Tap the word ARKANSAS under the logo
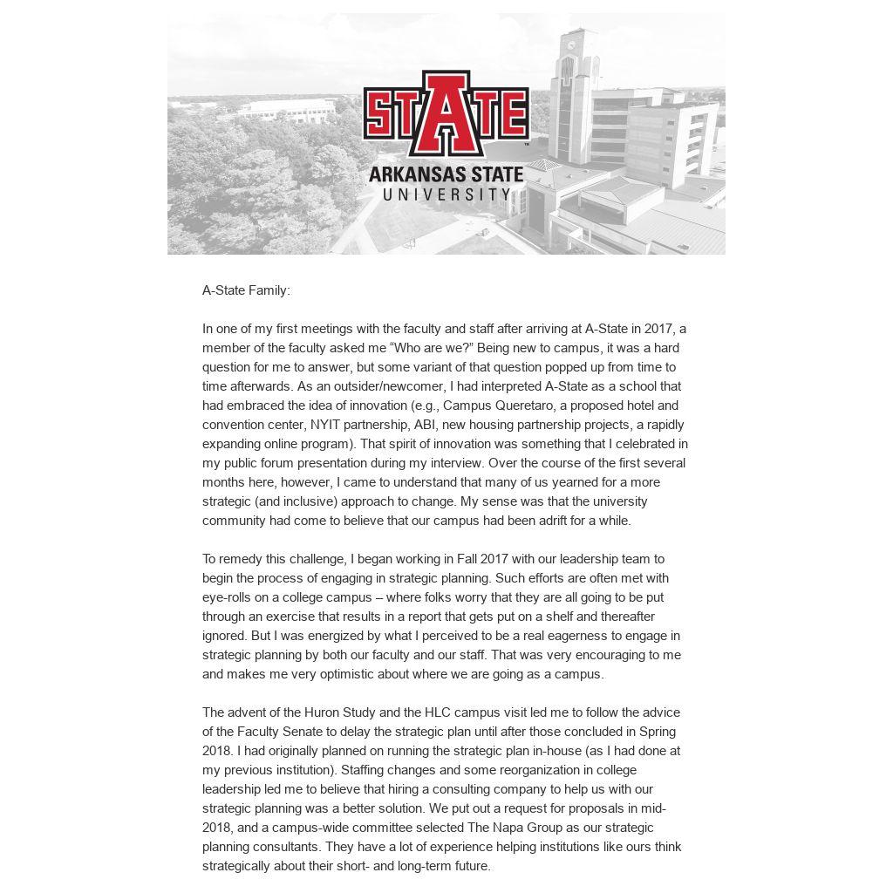[x=405, y=174]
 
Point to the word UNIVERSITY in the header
[x=446, y=194]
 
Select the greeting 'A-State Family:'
[x=246, y=290]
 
